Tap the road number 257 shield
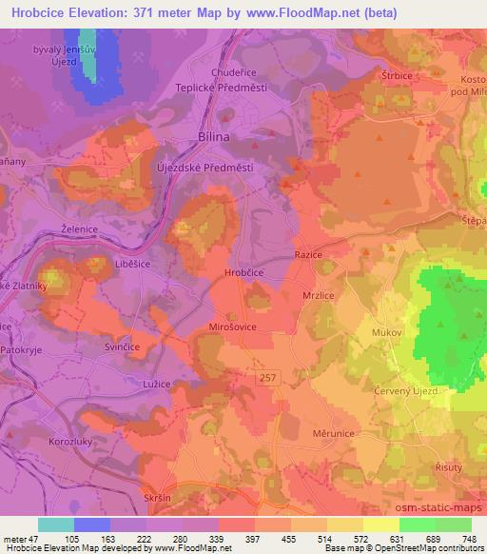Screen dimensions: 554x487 (274, 378)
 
